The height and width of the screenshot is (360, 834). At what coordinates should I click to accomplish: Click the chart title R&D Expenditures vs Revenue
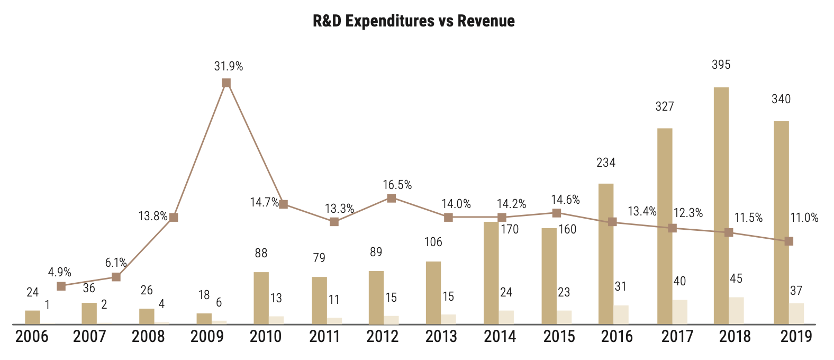pos(414,21)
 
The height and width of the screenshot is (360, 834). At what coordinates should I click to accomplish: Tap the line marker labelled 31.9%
pos(226,83)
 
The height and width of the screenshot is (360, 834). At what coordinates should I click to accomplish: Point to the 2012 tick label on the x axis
pos(383,337)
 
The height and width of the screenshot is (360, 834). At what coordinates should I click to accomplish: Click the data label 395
pos(721,65)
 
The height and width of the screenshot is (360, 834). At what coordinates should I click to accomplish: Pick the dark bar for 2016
pos(606,254)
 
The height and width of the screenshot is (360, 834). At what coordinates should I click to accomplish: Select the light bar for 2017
pos(680,312)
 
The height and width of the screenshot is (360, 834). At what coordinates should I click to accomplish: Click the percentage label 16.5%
pos(397,185)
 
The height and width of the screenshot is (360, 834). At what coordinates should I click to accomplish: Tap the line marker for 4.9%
pos(61,286)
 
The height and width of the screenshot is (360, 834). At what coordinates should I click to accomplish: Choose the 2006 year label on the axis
pos(32,337)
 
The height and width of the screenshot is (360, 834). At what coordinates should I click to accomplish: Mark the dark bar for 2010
pos(261,298)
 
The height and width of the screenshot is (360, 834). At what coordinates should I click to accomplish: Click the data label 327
pos(665,106)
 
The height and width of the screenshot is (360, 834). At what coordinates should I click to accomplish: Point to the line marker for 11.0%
pos(789,241)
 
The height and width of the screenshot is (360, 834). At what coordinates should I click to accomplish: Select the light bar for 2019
pos(796,313)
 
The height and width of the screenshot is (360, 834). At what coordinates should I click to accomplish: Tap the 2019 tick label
pos(796,337)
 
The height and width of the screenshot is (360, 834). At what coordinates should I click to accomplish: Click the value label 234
pos(606,163)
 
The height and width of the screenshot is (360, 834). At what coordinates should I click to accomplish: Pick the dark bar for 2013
pos(433,292)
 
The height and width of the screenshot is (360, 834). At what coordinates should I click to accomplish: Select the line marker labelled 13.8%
pos(173,217)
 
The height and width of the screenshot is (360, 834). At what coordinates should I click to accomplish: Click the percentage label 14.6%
pos(566,200)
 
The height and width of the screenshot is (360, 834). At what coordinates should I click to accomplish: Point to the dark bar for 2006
pos(33,317)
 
